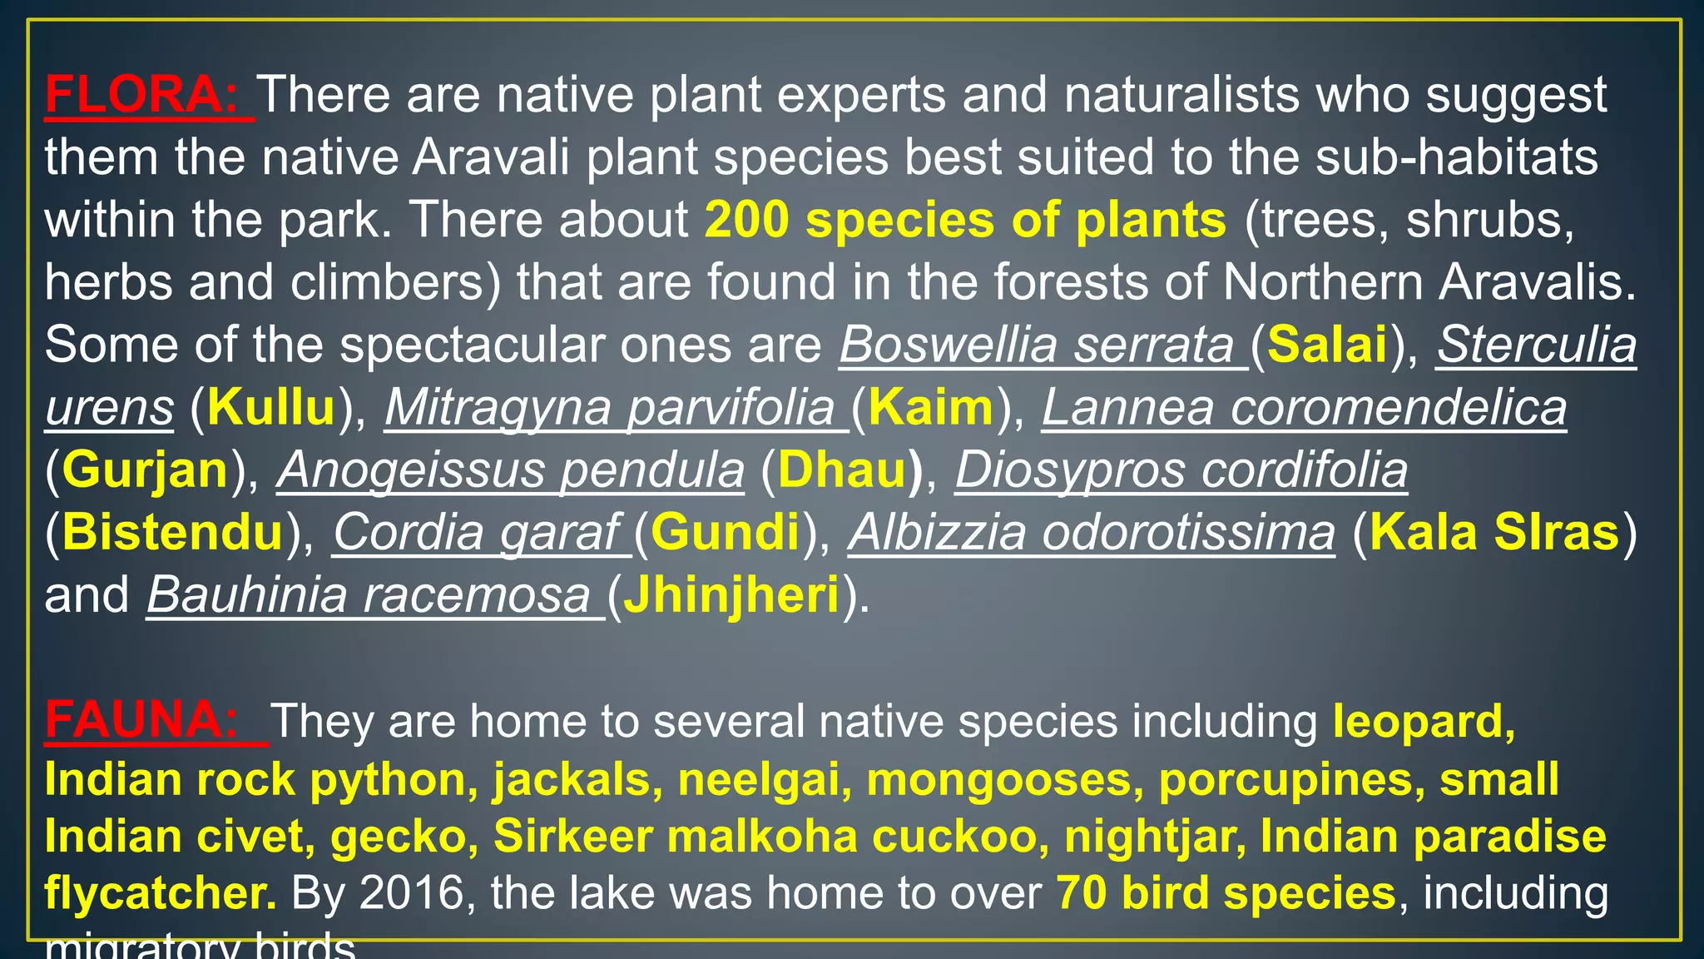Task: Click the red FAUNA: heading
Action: click(141, 720)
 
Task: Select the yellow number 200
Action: click(746, 221)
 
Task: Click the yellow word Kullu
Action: click(271, 408)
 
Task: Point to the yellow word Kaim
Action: click(930, 408)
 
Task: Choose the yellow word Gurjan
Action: click(145, 470)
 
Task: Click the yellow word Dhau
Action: click(842, 470)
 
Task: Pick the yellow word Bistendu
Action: click(172, 533)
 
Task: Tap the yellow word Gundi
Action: click(725, 533)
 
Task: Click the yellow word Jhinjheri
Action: click(731, 596)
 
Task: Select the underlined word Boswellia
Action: click(949, 345)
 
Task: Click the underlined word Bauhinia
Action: click(247, 596)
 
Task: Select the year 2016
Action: click(411, 893)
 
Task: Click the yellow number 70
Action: click(1082, 893)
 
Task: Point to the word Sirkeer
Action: click(572, 837)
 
